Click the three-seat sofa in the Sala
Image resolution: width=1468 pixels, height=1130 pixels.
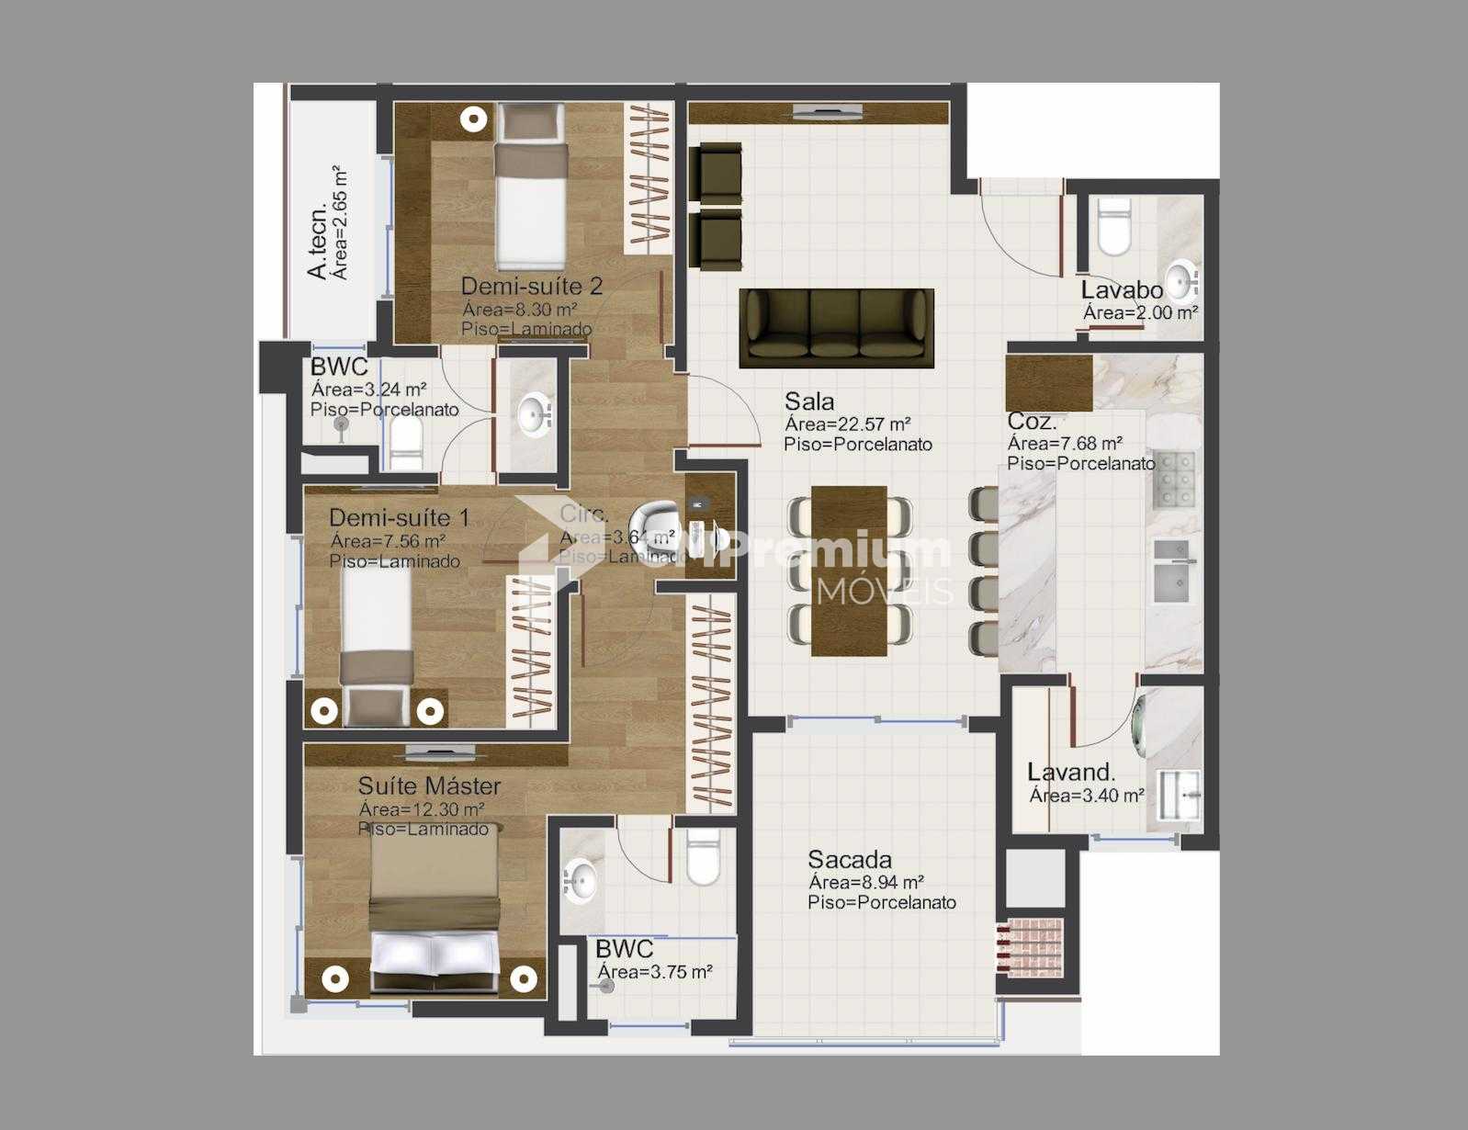(836, 326)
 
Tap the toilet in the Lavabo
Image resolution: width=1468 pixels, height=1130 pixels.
(1114, 227)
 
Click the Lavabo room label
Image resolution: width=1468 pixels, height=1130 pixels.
(1121, 290)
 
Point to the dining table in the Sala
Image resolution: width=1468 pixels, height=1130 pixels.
(849, 571)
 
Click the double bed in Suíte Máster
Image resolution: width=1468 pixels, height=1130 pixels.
(435, 910)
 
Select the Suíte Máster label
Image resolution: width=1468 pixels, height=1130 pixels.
(429, 786)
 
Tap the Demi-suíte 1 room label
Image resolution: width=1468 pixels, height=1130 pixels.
(399, 518)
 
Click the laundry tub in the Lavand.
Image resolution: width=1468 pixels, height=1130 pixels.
(1179, 795)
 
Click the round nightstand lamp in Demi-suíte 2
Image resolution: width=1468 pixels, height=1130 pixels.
(473, 119)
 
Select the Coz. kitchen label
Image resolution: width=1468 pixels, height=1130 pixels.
(1031, 422)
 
